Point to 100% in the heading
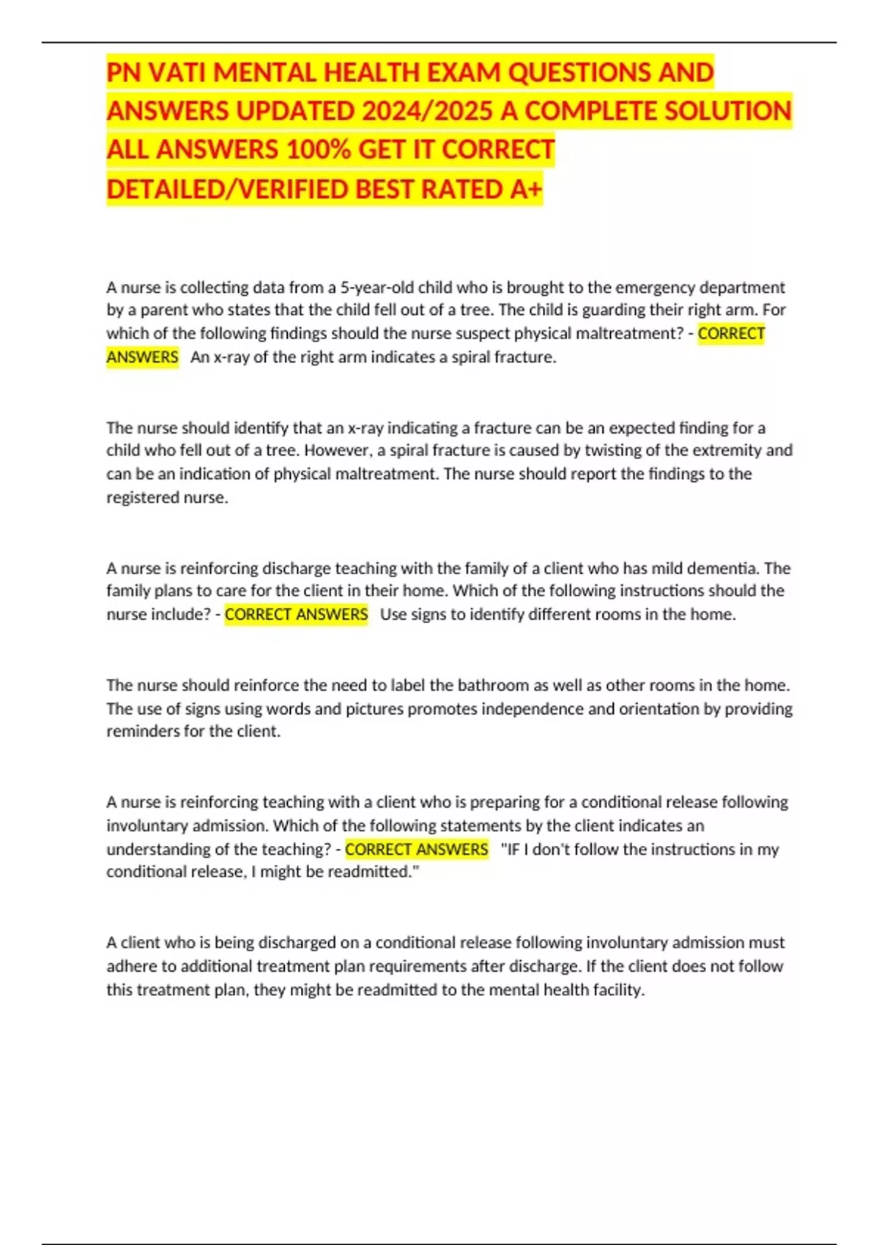318,149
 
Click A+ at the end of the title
526,189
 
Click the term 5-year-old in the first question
377,287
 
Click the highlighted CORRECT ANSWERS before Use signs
296,614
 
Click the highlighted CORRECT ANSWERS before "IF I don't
416,849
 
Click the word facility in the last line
617,989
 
